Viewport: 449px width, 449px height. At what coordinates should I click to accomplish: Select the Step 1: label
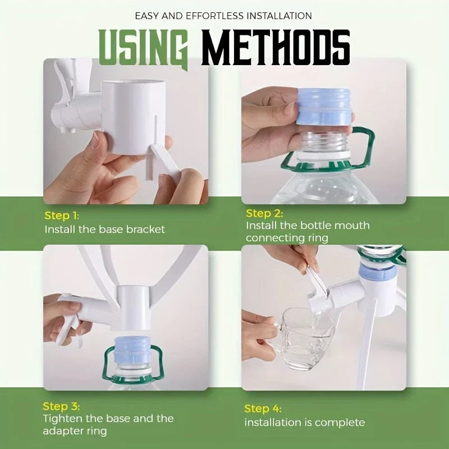62,216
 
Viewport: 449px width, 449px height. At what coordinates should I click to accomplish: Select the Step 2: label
264,213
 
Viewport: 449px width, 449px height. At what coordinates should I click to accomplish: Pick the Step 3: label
62,406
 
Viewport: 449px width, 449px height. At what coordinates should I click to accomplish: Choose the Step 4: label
263,409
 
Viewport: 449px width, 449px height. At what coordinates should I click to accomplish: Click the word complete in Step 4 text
340,422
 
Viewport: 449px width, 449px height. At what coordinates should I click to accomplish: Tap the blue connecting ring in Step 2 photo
323,107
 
